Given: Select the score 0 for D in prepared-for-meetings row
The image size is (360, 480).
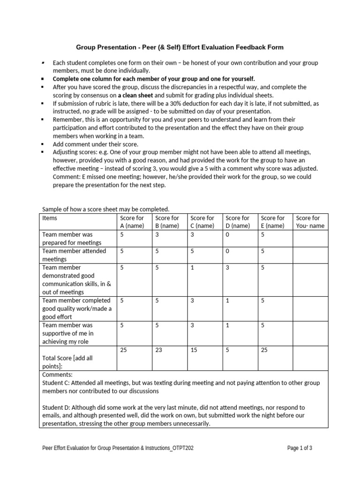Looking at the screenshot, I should (x=227, y=234).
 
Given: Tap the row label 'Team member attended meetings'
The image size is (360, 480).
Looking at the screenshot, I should (x=74, y=255).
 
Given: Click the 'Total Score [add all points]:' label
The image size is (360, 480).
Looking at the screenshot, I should (x=67, y=361).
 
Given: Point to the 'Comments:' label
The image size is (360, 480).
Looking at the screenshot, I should (x=58, y=375).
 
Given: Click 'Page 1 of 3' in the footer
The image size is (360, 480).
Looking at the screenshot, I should (x=300, y=448).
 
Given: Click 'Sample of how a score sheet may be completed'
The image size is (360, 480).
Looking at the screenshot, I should (x=105, y=209).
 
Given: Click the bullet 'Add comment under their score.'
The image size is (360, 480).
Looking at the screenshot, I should (x=95, y=144).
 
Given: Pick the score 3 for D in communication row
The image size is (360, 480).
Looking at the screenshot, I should (x=227, y=268).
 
